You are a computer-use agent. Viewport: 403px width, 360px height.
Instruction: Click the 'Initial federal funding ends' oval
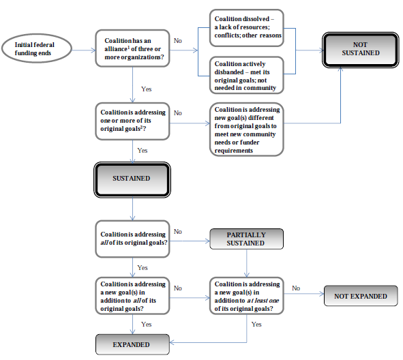coord(38,49)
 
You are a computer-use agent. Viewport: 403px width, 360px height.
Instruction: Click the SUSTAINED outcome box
coord(132,178)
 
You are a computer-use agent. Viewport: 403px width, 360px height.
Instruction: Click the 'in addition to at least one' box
coord(248,295)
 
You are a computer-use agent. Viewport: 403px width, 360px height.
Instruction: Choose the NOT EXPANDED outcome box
coord(361,296)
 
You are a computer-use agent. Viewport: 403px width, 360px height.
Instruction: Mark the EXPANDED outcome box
coord(132,344)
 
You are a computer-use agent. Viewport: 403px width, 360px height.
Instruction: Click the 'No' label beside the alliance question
coord(178,42)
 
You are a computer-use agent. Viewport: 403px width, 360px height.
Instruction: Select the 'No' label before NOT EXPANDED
coord(296,288)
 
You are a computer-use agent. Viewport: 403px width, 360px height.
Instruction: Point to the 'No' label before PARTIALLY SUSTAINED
coord(178,232)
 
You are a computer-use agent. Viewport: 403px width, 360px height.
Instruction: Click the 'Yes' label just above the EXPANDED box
coord(146,325)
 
